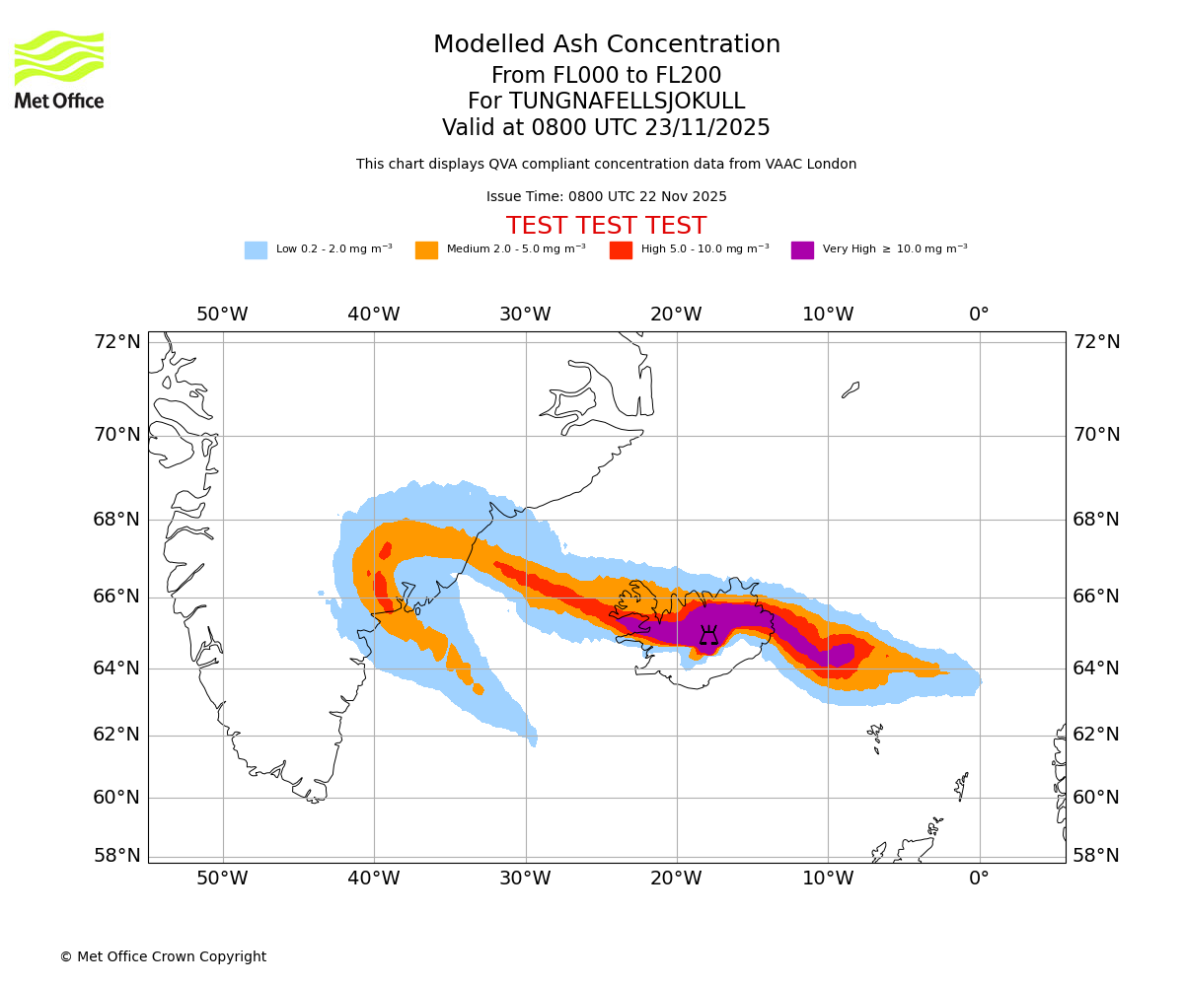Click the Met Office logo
point(59,69)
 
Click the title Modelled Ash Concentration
point(606,45)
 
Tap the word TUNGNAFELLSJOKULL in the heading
point(627,102)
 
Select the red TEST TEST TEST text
point(606,226)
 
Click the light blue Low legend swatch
point(256,250)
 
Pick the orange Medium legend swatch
point(426,250)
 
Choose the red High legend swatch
point(621,250)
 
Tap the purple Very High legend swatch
point(802,250)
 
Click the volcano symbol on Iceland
point(708,635)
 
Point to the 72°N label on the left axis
point(117,342)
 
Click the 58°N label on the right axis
point(1096,856)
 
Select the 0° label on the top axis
point(979,315)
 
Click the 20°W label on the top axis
point(676,315)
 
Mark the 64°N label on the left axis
point(117,669)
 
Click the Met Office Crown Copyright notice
point(163,957)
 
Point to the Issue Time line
point(606,197)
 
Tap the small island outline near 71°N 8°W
point(851,389)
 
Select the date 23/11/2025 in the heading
point(707,128)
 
